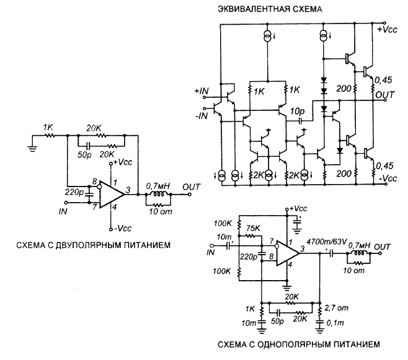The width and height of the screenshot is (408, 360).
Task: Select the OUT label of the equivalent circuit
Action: point(386,95)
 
